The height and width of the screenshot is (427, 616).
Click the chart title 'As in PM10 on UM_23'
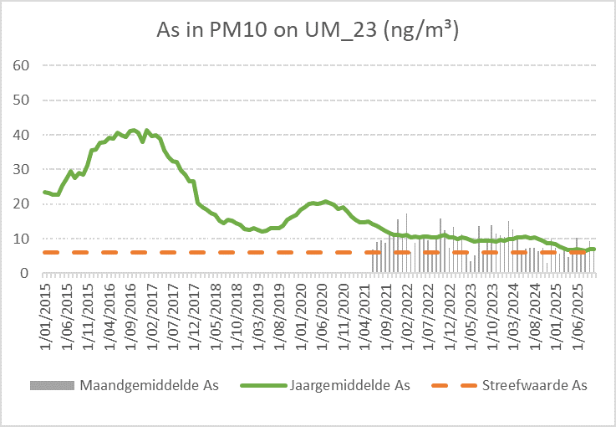coord(308,31)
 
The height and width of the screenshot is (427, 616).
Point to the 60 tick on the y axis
coord(22,65)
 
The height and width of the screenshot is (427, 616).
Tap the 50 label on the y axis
coord(22,100)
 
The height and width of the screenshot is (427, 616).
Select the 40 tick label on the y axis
coord(22,135)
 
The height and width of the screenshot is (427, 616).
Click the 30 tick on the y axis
coord(22,169)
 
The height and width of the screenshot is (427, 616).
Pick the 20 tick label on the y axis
coord(22,203)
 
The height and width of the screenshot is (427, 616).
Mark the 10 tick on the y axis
coord(22,239)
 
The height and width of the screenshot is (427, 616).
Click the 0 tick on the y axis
coord(26,273)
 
